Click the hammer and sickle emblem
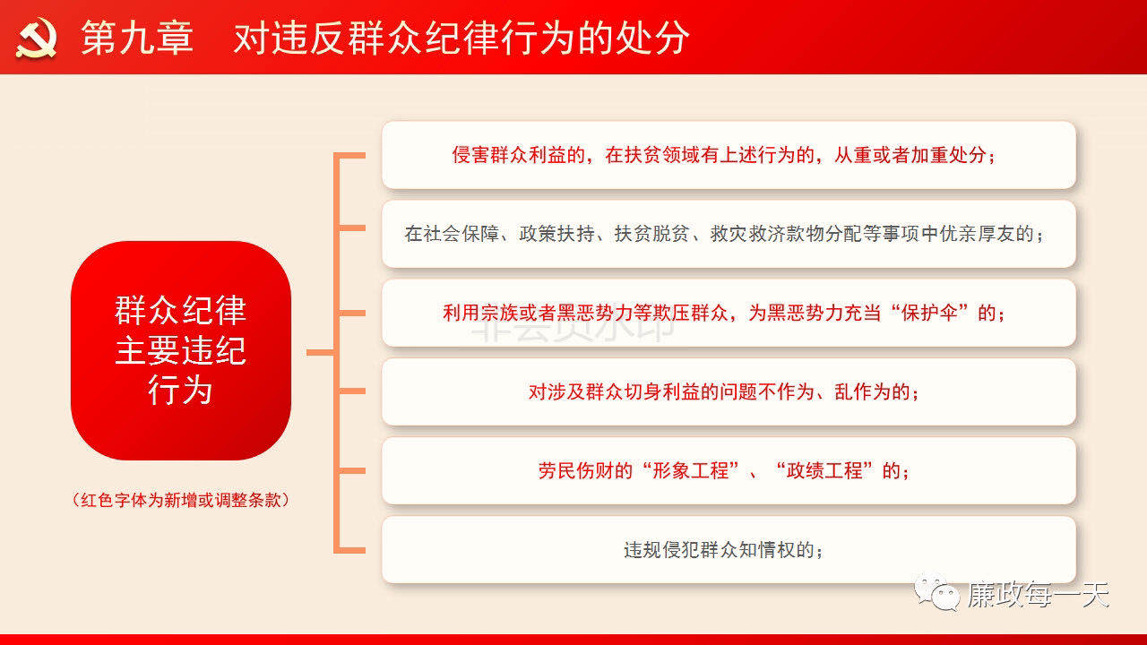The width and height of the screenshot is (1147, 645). click(x=36, y=38)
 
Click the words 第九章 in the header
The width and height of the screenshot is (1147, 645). click(x=137, y=38)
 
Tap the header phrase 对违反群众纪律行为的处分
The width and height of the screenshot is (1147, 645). click(x=461, y=38)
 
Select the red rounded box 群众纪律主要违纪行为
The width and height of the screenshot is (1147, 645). click(x=181, y=350)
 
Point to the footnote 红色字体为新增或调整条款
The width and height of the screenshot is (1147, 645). click(x=181, y=500)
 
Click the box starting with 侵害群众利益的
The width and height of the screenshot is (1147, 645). click(x=729, y=155)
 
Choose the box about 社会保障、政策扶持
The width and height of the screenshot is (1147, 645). click(x=729, y=234)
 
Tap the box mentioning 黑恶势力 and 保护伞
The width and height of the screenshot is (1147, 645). click(x=729, y=313)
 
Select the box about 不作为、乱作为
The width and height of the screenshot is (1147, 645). click(x=729, y=392)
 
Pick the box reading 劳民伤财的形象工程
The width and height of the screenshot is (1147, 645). click(x=729, y=471)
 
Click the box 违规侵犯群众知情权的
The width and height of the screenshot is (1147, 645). click(x=729, y=550)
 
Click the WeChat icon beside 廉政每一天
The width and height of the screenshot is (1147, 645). click(x=937, y=593)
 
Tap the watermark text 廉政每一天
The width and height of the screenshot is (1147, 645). click(x=1038, y=594)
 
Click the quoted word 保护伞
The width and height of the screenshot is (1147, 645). click(x=929, y=313)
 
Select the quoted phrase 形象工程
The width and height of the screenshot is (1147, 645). click(x=691, y=471)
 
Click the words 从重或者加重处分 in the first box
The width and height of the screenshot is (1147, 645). click(x=910, y=155)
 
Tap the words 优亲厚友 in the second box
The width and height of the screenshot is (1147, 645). click(x=978, y=234)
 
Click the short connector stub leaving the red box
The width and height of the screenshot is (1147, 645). click(x=321, y=352)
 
